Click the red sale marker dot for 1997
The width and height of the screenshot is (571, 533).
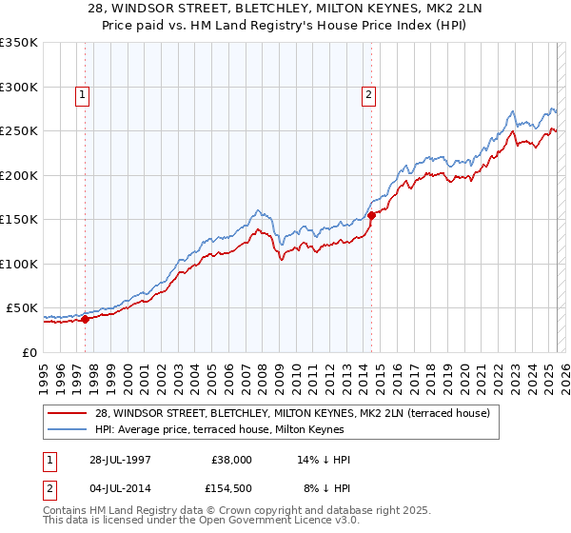pos(86,319)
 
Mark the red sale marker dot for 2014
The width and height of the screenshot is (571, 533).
pos(371,215)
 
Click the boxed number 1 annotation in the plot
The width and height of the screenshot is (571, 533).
pos(84,94)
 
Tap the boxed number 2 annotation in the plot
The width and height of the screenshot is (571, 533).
pos(368,94)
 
